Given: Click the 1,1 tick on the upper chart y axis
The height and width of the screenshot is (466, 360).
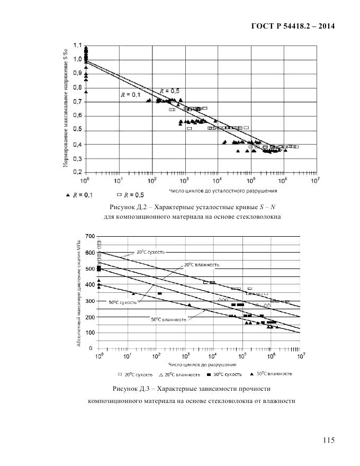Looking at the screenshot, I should tap(77, 46).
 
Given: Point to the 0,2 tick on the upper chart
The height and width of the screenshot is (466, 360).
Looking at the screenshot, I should tap(77, 173).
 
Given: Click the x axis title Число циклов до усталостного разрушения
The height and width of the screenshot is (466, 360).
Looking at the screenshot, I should tap(223, 191).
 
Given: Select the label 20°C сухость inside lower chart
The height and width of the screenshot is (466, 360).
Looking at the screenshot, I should tap(151, 253).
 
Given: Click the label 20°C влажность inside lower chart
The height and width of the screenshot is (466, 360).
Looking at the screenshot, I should tap(202, 264).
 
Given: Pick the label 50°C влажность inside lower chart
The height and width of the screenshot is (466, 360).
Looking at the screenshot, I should tap(168, 319).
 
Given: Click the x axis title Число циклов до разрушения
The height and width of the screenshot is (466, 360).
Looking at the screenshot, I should tap(202, 365).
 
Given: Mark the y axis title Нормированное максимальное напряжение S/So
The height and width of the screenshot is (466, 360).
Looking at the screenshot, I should tap(65, 108).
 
